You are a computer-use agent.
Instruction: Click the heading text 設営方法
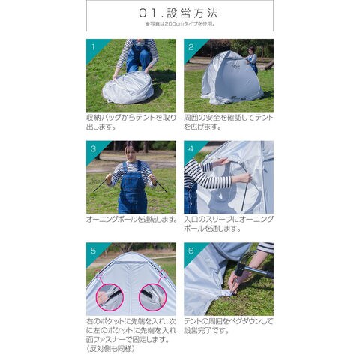(x=193, y=13)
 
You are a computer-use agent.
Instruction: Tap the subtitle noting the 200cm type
(x=180, y=24)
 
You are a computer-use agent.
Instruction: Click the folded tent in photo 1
(x=127, y=88)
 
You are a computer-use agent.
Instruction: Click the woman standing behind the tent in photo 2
(x=252, y=60)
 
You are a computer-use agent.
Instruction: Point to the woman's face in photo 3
(x=132, y=152)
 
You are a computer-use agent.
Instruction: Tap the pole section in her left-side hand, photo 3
(x=102, y=184)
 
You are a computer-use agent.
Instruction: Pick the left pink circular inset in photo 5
(x=109, y=298)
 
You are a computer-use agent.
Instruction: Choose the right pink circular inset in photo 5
(x=152, y=298)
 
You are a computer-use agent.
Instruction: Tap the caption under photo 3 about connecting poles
(x=131, y=220)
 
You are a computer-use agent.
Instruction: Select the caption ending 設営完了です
(x=229, y=325)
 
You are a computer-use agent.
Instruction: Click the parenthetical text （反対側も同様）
(x=111, y=349)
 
